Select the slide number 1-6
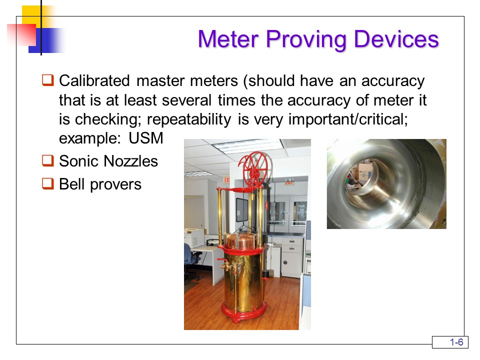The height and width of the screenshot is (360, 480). pyautogui.click(x=456, y=342)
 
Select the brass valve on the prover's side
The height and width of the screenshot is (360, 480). pyautogui.click(x=226, y=264)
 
